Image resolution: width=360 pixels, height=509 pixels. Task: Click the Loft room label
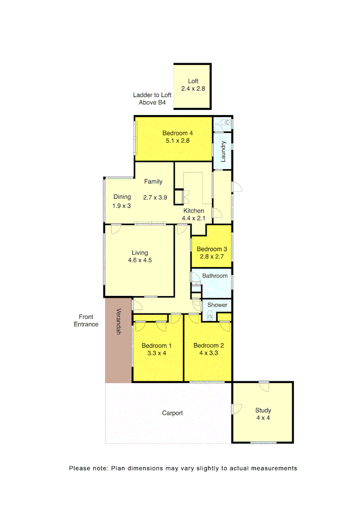pyautogui.click(x=193, y=81)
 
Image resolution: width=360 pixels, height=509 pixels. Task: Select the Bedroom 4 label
pyautogui.click(x=178, y=133)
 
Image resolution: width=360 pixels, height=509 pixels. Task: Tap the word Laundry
pyautogui.click(x=224, y=151)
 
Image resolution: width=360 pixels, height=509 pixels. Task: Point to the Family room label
pyautogui.click(x=153, y=181)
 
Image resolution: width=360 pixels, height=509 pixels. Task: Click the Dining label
pyautogui.click(x=122, y=197)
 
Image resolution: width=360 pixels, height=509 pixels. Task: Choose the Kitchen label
pyautogui.click(x=194, y=211)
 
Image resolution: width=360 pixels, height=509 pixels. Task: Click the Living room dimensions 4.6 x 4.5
pyautogui.click(x=139, y=260)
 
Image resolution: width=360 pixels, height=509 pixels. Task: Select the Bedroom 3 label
pyautogui.click(x=212, y=249)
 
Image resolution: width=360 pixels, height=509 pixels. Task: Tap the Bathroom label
pyautogui.click(x=215, y=276)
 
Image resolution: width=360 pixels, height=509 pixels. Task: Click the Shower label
pyautogui.click(x=217, y=305)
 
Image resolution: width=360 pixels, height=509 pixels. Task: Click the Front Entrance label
pyautogui.click(x=86, y=320)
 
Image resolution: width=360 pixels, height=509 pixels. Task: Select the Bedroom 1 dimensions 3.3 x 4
pyautogui.click(x=157, y=353)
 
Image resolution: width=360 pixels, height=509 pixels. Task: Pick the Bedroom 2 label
pyautogui.click(x=209, y=345)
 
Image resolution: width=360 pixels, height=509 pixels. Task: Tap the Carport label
pyautogui.click(x=172, y=413)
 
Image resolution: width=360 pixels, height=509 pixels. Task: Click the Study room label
pyautogui.click(x=263, y=410)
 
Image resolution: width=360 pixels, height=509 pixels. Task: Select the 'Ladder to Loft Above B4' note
pyautogui.click(x=152, y=99)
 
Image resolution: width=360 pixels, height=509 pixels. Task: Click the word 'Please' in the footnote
pyautogui.click(x=78, y=468)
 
